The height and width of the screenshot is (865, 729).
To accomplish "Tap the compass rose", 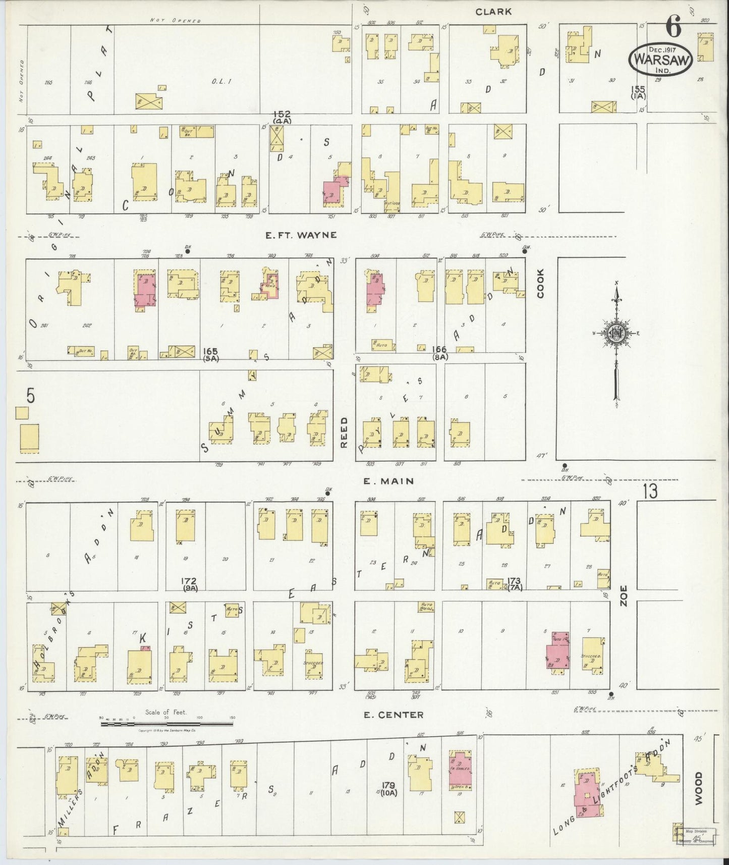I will (616, 334).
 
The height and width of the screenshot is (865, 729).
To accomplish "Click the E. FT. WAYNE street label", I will (301, 235).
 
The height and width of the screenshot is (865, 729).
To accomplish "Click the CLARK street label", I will (494, 12).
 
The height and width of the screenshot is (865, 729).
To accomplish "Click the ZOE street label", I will (624, 596).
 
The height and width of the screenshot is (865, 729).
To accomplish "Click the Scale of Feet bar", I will (166, 724).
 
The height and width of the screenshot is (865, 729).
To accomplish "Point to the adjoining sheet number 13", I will (650, 491).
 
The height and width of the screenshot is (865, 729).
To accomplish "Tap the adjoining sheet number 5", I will (31, 397).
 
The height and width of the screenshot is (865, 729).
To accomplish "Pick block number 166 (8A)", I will (440, 353).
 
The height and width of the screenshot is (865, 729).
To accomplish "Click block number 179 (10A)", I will (388, 789).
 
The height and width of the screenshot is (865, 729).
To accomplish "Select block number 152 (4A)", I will (277, 118).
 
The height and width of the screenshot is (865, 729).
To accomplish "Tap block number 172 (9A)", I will (190, 584).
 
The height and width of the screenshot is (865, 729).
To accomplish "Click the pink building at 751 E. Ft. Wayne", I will (334, 192).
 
